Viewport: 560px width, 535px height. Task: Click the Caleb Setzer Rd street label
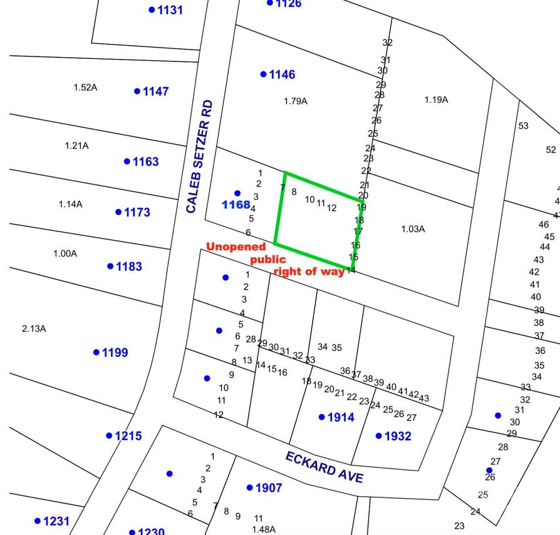point(200,156)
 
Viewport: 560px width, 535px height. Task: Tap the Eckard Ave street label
point(324,467)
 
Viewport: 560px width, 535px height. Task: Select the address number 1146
point(282,75)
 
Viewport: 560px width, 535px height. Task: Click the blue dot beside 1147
point(137,92)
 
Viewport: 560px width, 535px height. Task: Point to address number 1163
point(145,162)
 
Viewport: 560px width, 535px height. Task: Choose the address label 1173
point(137,213)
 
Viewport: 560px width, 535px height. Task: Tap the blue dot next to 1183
point(110,267)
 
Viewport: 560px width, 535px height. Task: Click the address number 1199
point(115,352)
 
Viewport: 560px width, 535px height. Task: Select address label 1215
point(128,436)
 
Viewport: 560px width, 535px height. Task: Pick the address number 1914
point(341,418)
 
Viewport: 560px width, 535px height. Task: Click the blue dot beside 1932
point(379,436)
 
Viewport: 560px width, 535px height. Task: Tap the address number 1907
point(269,488)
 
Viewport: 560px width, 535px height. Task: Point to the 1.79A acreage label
point(296,101)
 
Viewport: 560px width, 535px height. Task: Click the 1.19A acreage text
point(436,100)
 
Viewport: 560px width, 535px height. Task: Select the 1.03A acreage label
point(413,229)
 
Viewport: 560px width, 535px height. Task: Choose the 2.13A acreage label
point(34,329)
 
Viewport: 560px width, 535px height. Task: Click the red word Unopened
point(236,247)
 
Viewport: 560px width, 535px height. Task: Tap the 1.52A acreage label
point(85,87)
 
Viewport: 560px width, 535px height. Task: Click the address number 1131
point(170,10)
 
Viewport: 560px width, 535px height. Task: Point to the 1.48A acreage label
point(264,529)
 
